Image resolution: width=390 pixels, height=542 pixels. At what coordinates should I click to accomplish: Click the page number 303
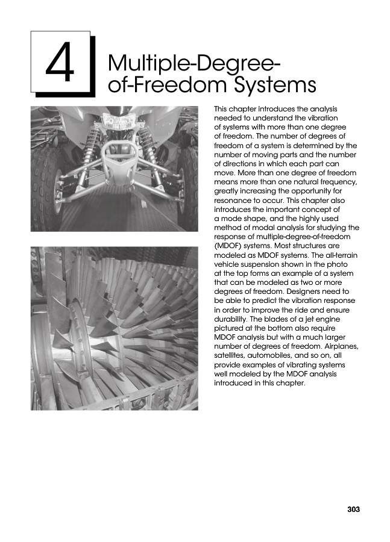(x=353, y=509)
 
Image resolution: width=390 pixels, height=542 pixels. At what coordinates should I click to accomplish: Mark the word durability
(x=232, y=330)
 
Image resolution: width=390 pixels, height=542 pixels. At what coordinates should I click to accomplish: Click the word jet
(x=307, y=330)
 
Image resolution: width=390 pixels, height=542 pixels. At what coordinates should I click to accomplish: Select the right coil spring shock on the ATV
(x=145, y=151)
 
